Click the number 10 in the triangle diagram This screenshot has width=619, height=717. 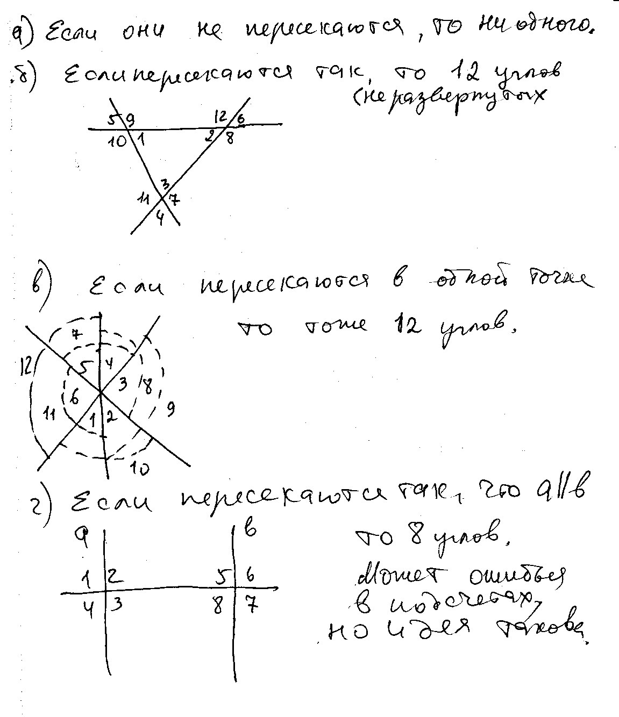point(119,142)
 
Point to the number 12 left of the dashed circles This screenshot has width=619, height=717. point(24,366)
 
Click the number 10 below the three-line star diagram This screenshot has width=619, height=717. point(140,469)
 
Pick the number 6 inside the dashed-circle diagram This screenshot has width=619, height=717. point(74,398)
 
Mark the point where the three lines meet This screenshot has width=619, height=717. point(101,393)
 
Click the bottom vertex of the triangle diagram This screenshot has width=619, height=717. point(162,197)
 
